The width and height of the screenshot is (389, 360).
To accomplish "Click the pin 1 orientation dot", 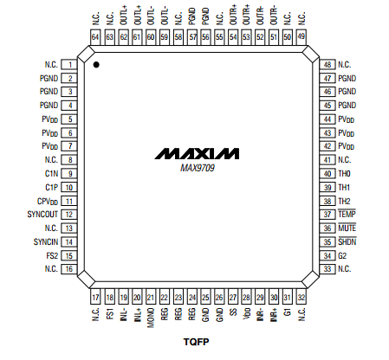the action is click(x=96, y=65).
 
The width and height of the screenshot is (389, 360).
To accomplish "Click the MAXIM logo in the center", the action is click(x=197, y=154).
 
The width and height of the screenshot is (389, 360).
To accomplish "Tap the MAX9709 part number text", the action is click(x=198, y=168).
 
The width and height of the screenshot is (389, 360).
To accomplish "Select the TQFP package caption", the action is click(x=196, y=342).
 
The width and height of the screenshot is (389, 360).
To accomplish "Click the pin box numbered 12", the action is click(x=69, y=215).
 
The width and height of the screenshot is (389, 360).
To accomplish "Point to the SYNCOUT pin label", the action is click(x=42, y=215).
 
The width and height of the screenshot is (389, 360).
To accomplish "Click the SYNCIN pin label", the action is click(x=46, y=241).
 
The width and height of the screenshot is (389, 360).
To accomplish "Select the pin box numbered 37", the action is click(x=327, y=215).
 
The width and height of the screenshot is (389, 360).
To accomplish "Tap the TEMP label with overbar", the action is click(x=347, y=214).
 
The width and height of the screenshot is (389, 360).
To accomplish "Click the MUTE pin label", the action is click(x=347, y=228).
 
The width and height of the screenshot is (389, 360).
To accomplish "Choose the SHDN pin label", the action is click(x=347, y=241).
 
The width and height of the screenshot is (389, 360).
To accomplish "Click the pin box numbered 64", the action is click(x=95, y=37).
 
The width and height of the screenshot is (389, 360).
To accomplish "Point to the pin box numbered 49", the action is click(x=301, y=37).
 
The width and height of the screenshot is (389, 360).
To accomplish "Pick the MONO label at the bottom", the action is click(x=151, y=318).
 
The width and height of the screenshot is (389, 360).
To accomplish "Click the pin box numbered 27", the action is click(x=233, y=297).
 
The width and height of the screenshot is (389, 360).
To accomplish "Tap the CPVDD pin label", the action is click(x=48, y=202).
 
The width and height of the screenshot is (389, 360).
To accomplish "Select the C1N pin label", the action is click(x=52, y=174).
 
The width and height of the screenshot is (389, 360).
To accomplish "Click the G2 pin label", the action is click(x=342, y=256).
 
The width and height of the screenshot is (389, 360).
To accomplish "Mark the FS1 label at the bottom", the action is click(x=110, y=313).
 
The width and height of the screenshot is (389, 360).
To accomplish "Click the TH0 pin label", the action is click(x=344, y=174).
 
